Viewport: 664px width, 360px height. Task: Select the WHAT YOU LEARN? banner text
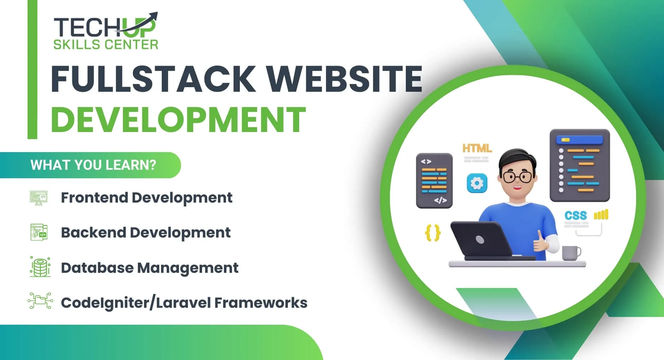(x=93, y=165)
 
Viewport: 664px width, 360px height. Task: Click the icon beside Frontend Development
(x=39, y=198)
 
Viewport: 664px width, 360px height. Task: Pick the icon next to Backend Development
(x=39, y=233)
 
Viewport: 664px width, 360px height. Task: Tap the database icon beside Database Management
(x=40, y=267)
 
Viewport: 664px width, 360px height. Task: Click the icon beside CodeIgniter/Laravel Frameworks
(x=40, y=301)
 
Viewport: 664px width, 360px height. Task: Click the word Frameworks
(x=261, y=303)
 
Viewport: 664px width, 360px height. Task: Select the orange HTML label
(x=477, y=148)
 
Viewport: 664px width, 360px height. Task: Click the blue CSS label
(x=575, y=215)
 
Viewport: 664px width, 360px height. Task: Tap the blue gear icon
(x=477, y=183)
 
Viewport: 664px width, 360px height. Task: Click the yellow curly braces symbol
(x=433, y=233)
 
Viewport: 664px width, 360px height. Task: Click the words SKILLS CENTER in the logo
(x=106, y=45)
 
